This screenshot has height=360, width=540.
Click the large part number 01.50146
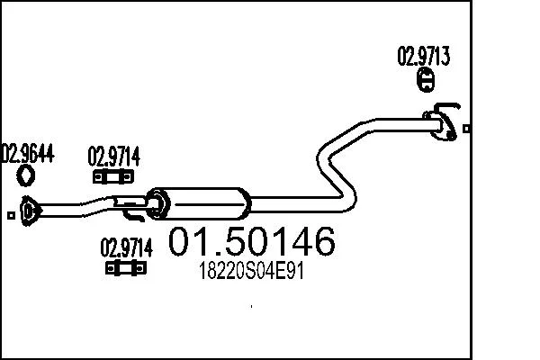(251, 241)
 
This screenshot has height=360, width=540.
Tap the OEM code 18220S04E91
(251, 272)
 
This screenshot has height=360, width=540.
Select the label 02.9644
(28, 153)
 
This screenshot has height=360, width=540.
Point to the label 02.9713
(423, 56)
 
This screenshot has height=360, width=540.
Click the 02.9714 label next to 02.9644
(114, 157)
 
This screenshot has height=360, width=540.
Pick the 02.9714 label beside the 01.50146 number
(126, 247)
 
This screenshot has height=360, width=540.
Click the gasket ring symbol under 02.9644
(26, 175)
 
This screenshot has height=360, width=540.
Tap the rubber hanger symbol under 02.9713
(427, 80)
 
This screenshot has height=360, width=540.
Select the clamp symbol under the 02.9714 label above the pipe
(113, 177)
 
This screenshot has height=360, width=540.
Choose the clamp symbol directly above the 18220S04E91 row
(126, 268)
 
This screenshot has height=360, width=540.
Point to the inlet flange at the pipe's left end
(29, 211)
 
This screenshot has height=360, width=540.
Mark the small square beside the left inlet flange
(11, 215)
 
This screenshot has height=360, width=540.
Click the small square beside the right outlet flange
(466, 129)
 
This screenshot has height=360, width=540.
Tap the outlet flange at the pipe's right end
(442, 126)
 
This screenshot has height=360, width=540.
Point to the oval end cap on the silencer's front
(157, 203)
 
